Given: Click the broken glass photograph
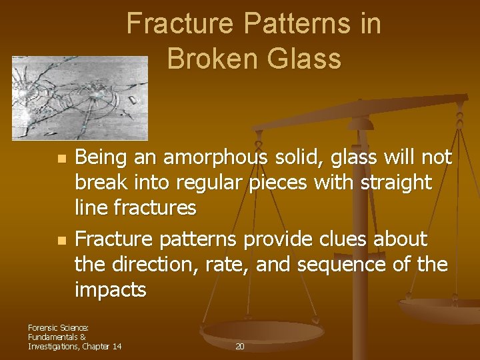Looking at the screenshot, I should click(80, 97).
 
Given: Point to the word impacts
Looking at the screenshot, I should click(110, 291).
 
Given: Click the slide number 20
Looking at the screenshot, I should click(240, 346).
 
